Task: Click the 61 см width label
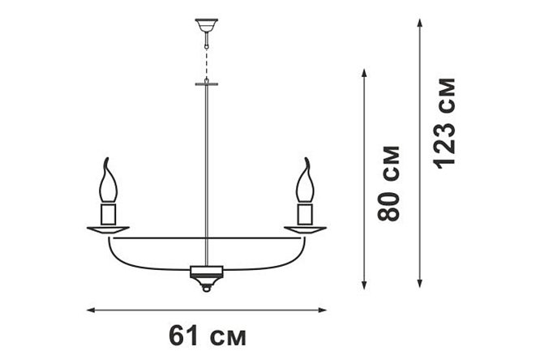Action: point(208,336)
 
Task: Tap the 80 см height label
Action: point(389,183)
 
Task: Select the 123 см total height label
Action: point(446,124)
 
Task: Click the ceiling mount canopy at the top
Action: point(207,25)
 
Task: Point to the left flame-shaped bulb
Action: point(108,180)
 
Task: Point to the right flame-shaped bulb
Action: point(305,180)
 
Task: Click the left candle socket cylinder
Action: point(108,214)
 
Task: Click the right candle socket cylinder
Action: point(305,214)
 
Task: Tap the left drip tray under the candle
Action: point(108,230)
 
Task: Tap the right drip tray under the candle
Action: point(305,230)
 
